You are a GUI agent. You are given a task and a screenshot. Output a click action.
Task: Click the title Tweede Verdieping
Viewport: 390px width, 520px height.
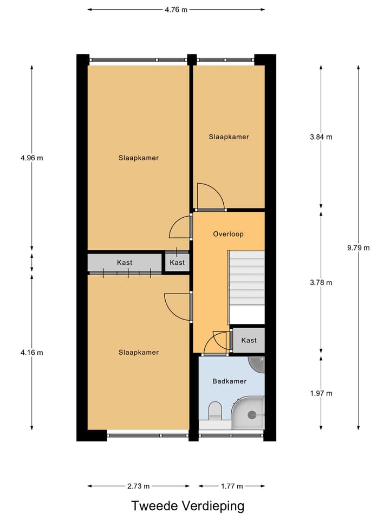[x=187, y=506]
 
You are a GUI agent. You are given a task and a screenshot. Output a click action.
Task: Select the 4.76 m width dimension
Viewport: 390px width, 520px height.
[x=176, y=9]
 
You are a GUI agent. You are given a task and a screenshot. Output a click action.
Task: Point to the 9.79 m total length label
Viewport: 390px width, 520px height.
[x=359, y=248]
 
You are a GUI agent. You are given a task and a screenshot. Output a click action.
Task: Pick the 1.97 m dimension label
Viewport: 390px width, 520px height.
[x=321, y=393]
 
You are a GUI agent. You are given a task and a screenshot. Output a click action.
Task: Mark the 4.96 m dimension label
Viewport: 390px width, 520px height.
[x=31, y=158]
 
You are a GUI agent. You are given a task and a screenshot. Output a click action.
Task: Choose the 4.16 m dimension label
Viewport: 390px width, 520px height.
[x=31, y=352]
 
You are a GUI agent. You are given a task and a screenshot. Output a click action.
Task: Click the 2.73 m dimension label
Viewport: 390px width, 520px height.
[x=139, y=486]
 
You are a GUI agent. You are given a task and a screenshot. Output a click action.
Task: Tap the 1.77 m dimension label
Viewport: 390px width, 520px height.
[x=231, y=486]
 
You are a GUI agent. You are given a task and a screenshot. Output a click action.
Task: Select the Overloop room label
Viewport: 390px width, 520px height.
[x=228, y=235]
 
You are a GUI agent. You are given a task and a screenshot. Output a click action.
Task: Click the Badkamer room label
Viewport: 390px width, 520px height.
[x=229, y=381]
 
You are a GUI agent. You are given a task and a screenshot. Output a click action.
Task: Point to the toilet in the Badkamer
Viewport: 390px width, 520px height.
[x=215, y=411]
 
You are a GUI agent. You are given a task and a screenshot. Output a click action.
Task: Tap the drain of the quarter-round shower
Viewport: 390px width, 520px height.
[x=251, y=415]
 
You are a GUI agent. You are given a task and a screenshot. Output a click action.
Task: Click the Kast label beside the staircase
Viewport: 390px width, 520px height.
[x=249, y=340]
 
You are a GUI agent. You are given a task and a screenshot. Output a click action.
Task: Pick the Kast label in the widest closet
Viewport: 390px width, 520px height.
[x=125, y=263]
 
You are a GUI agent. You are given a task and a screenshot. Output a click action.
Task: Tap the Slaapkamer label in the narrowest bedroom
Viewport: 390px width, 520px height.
[x=229, y=137]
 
